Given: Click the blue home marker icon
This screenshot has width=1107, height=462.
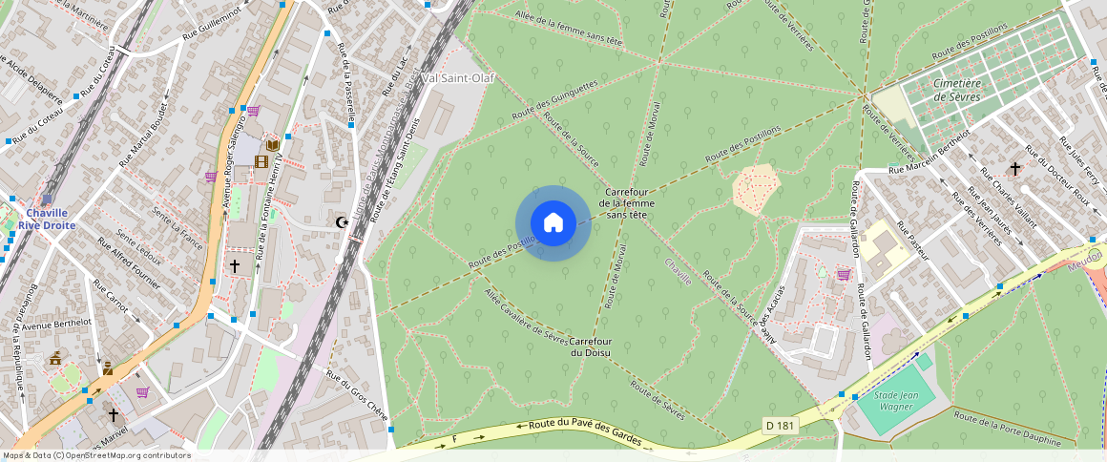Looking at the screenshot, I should coord(553,223).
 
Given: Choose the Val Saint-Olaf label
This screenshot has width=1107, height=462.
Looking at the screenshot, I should coord(457,77).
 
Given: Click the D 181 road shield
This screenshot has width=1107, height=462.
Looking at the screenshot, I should coord(780,424).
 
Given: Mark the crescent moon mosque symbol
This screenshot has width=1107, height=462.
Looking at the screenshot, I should coord(342,222).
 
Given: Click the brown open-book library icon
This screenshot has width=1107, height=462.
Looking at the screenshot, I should coord(273,144).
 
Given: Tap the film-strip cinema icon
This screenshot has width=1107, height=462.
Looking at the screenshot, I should coord(261,160).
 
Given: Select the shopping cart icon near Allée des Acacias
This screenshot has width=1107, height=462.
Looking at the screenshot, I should coord(844,275).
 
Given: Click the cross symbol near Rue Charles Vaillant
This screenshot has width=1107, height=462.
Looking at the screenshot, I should coord(1015,168).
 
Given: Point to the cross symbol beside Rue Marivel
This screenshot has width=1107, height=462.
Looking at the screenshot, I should coord(114,415).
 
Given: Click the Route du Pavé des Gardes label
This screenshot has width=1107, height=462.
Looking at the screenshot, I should coord(583,430).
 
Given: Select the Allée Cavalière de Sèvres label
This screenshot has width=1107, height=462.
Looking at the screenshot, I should coord(528,315).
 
